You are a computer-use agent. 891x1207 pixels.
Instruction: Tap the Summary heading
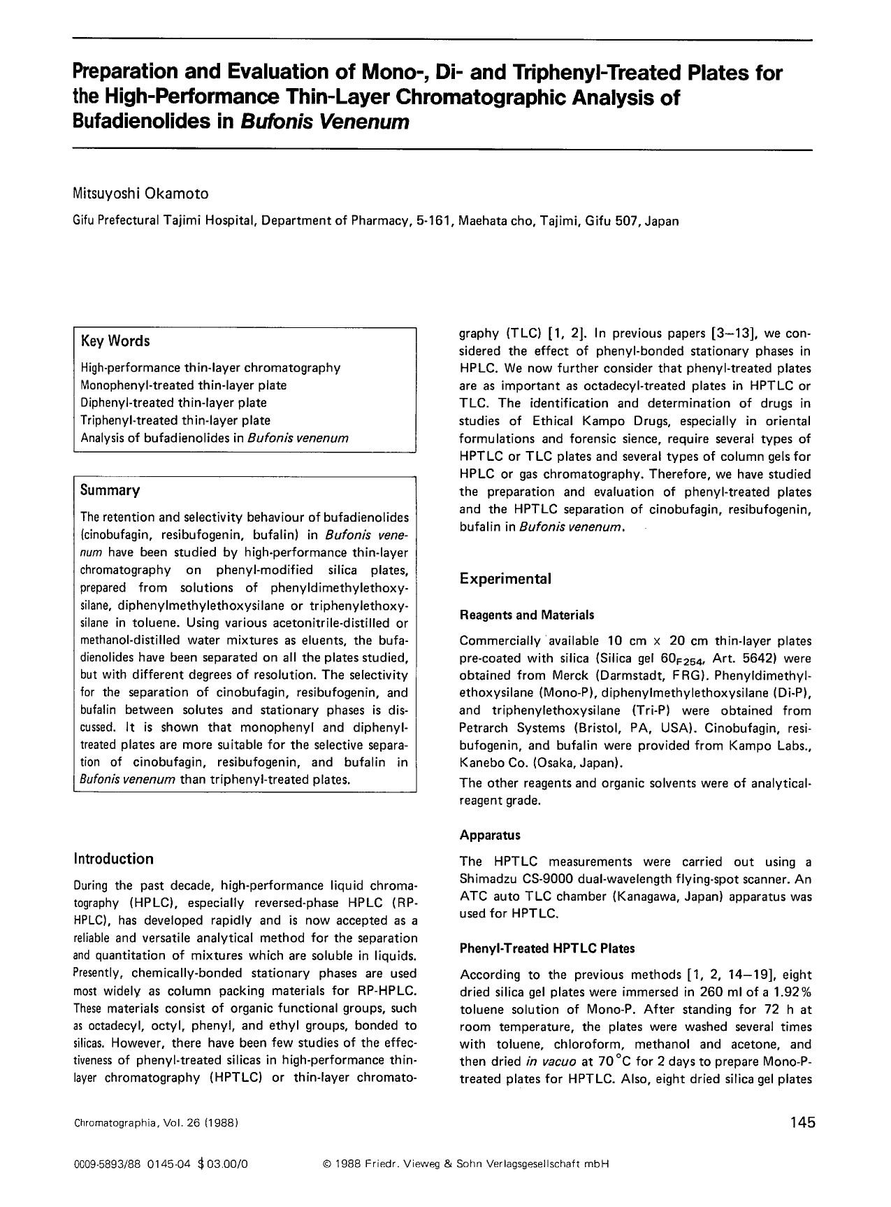click(110, 490)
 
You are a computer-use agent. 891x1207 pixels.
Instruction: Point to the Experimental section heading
click(505, 579)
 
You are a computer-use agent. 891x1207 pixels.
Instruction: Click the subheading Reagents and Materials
click(527, 615)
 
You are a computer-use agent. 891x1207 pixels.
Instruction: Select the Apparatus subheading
click(490, 835)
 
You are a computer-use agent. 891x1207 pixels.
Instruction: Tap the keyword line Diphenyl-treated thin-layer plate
click(174, 403)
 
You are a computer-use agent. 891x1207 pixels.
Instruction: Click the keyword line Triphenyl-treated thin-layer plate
click(175, 420)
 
